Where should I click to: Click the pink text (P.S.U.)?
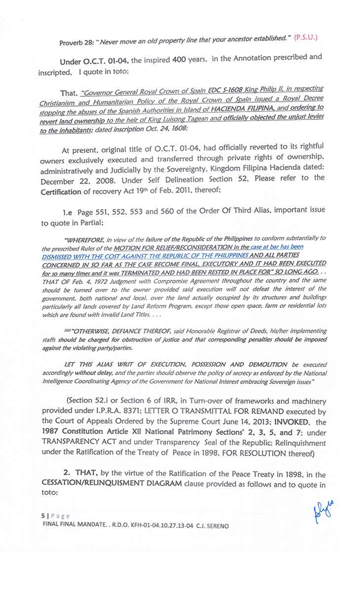[306, 37]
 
